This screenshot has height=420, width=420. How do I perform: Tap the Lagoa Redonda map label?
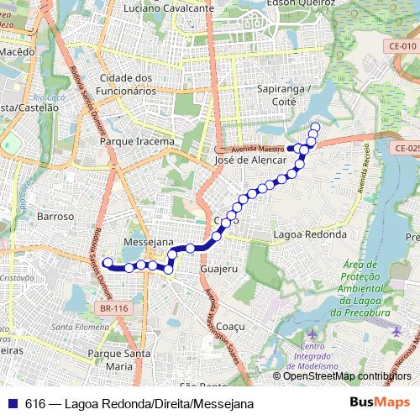tap(310, 234)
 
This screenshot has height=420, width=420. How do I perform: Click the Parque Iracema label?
tap(137, 142)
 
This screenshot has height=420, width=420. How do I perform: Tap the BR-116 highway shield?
tap(113, 308)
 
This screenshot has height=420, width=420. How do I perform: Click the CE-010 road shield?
tap(402, 46)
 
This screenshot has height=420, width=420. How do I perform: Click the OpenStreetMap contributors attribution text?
tap(347, 376)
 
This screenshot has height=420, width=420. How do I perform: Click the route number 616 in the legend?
tap(34, 403)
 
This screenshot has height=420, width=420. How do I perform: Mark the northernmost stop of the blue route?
tap(315, 128)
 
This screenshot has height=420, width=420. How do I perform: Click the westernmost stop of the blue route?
tap(107, 263)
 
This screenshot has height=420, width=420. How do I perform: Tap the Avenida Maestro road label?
tap(260, 149)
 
